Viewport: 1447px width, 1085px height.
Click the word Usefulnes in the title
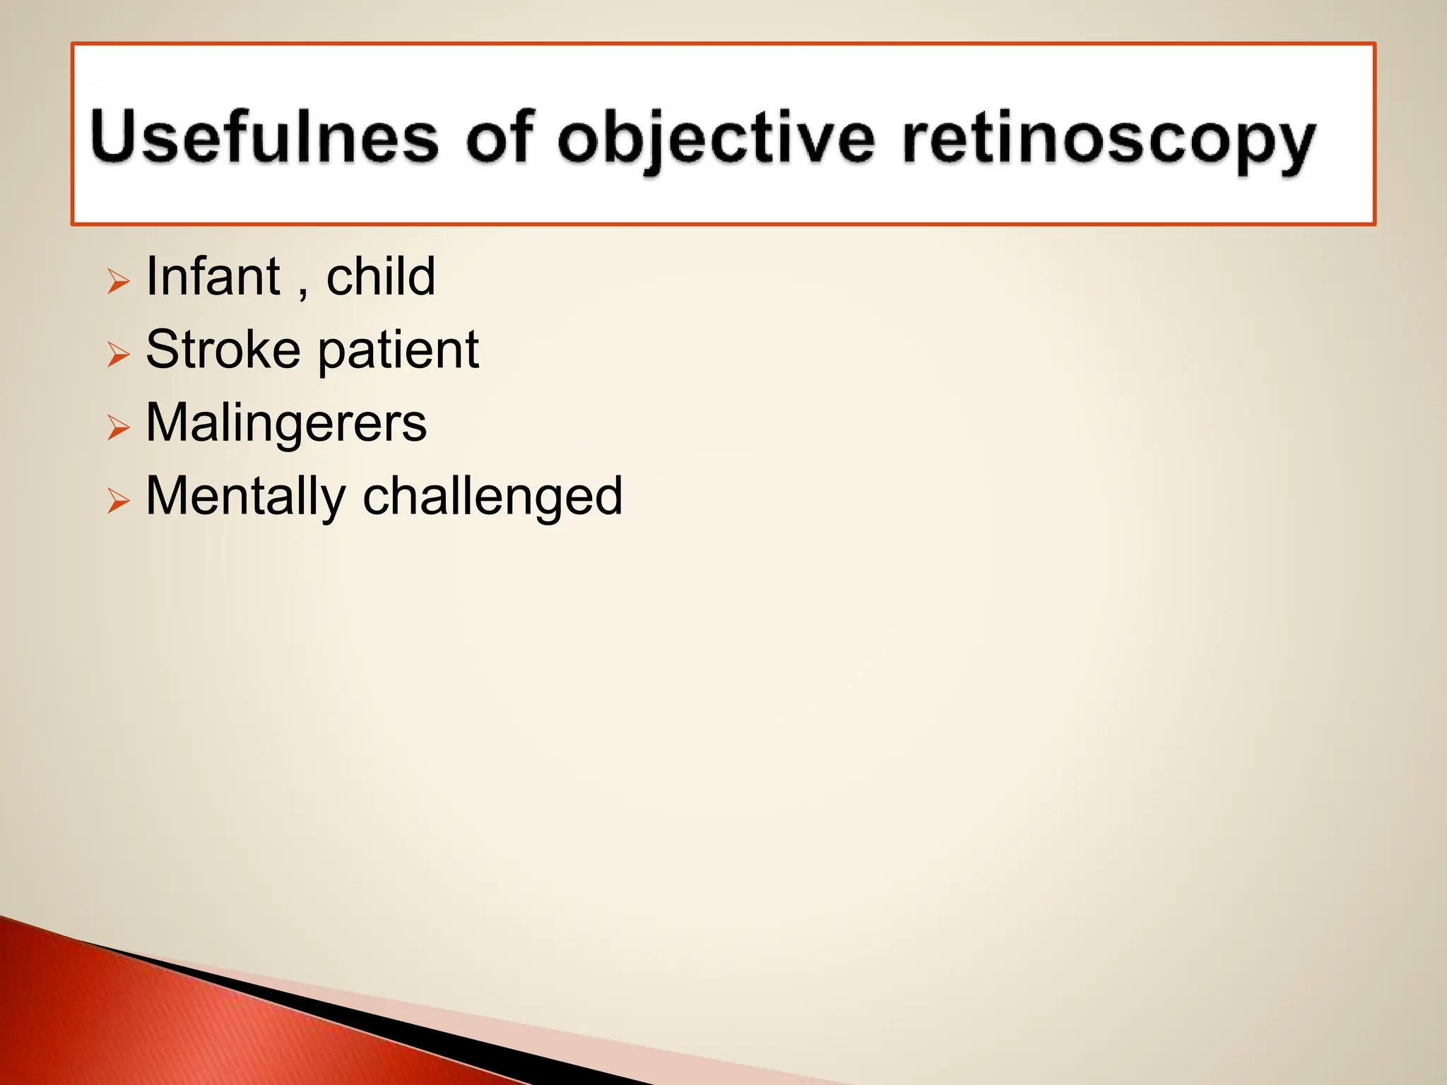coord(264,138)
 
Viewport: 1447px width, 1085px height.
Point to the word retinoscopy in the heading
coord(1108,140)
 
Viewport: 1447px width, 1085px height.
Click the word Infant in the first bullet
coord(213,276)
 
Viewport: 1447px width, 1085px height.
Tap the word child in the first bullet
coord(380,276)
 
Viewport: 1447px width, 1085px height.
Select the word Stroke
coord(223,350)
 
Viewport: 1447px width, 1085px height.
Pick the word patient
coord(398,351)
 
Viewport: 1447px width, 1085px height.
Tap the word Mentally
coord(244,497)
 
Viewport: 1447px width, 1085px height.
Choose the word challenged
coord(492,497)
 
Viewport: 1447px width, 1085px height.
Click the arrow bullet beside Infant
coord(119,282)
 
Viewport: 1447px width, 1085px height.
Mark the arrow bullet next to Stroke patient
coord(119,355)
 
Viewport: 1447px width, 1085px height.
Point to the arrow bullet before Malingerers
coord(119,428)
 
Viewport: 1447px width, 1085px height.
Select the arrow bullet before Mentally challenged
coord(119,502)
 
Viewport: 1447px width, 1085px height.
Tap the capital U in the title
coord(117,136)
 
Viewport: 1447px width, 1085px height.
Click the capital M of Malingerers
coord(168,422)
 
